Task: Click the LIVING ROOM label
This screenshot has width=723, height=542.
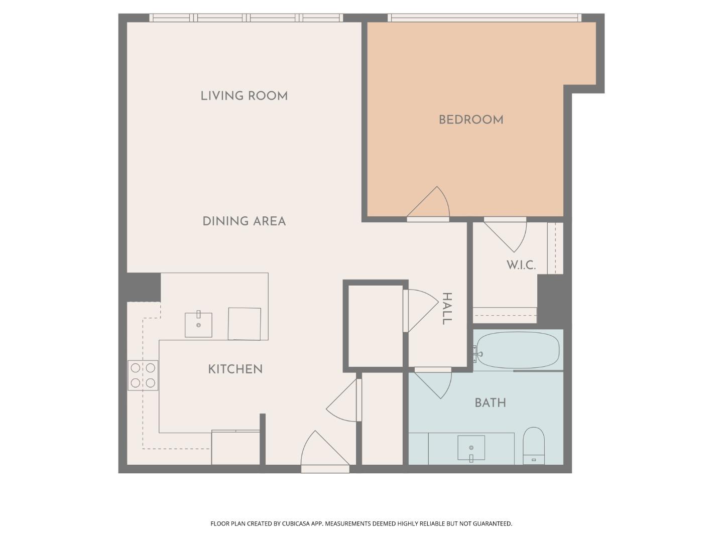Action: [x=244, y=96]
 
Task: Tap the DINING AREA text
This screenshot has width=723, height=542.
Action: [x=244, y=221]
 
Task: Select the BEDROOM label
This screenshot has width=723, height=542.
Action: [x=471, y=120]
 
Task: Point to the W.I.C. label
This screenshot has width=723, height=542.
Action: [x=521, y=265]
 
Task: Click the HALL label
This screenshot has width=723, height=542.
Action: [x=447, y=309]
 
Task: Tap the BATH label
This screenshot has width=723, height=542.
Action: [x=490, y=402]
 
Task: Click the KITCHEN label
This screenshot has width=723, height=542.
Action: [x=235, y=369]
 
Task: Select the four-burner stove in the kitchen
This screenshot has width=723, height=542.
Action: [x=143, y=375]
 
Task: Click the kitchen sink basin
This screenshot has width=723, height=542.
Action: [x=198, y=325]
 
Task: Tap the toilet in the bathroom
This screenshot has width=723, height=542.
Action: [x=533, y=445]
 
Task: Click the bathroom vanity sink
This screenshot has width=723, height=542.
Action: [x=471, y=448]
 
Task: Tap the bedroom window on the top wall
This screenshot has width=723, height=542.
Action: [x=485, y=18]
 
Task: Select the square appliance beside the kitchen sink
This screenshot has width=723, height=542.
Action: [x=245, y=324]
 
